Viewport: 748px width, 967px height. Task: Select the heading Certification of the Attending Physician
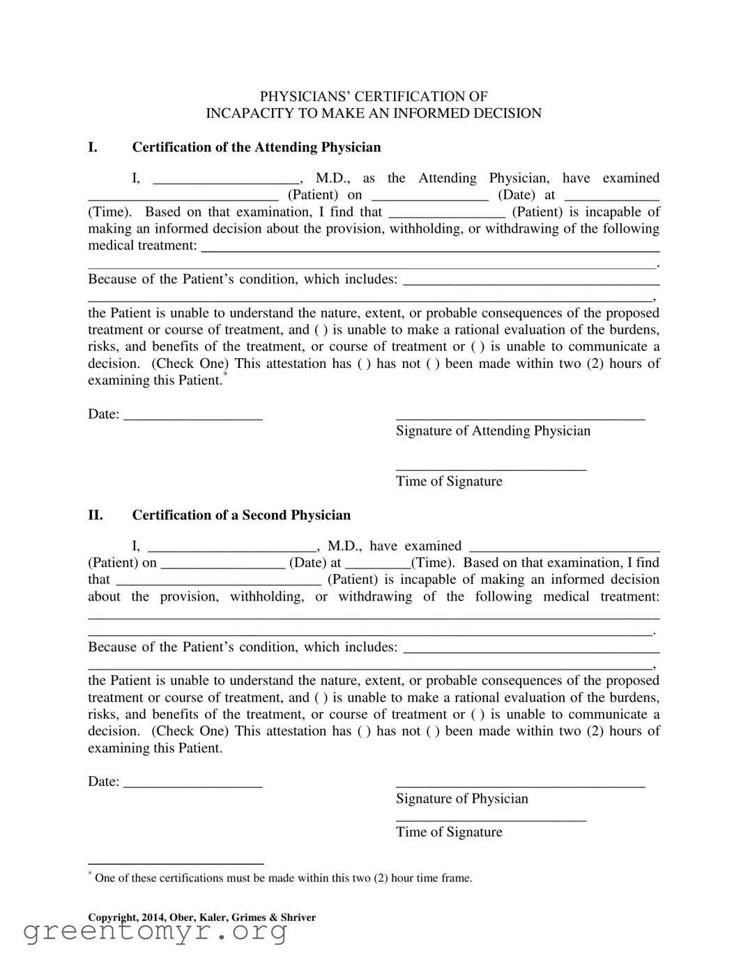pos(257,147)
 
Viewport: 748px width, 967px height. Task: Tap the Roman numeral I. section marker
pos(93,147)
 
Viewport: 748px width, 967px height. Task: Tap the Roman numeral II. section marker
pos(96,515)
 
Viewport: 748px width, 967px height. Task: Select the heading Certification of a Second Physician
pos(241,515)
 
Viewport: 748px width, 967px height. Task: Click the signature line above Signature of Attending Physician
pos(520,417)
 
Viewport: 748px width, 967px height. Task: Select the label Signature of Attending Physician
pos(493,431)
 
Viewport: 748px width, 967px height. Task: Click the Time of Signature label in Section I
pos(449,481)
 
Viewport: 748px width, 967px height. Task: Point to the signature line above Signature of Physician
pos(520,784)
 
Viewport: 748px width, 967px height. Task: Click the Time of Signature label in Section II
pos(449,832)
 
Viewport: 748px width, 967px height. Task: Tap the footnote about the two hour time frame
pos(282,878)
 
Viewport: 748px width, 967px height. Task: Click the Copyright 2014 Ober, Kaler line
pos(202,918)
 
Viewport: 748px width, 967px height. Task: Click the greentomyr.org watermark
pos(155,931)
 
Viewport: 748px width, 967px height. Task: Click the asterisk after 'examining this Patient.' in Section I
pos(225,376)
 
